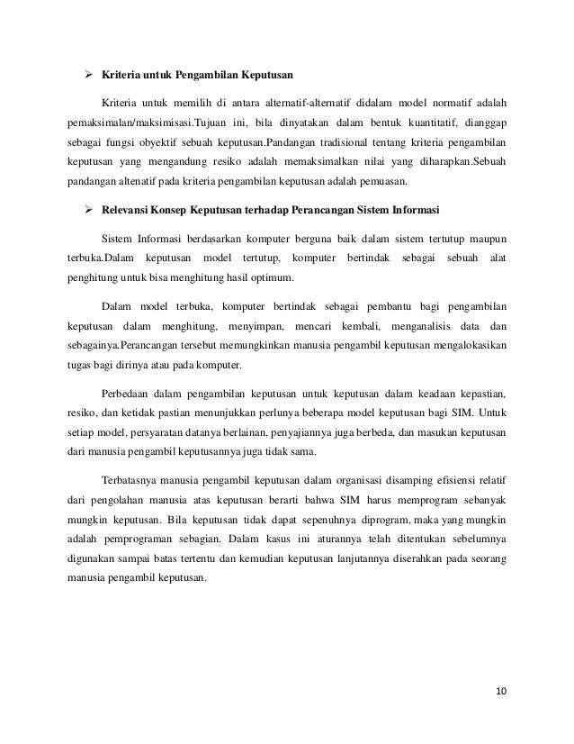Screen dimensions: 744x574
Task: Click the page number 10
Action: pyautogui.click(x=501, y=692)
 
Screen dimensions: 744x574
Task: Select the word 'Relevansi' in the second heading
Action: pyautogui.click(x=128, y=212)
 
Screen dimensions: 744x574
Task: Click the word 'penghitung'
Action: pyautogui.click(x=94, y=279)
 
